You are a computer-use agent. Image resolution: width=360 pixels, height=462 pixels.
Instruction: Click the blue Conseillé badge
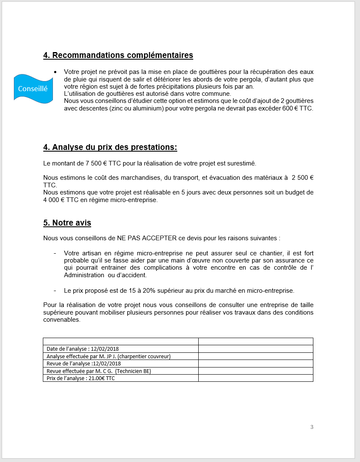33,89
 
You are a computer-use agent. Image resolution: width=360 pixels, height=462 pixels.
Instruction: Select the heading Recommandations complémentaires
118,55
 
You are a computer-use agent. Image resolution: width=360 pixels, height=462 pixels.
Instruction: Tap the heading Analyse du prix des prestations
110,147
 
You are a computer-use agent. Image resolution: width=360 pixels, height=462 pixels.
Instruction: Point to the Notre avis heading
67,223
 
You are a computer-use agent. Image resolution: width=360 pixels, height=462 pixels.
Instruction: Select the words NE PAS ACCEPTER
147,238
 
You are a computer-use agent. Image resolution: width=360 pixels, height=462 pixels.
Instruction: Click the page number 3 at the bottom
312,427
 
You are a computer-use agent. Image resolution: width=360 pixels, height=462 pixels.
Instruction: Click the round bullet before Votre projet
55,72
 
